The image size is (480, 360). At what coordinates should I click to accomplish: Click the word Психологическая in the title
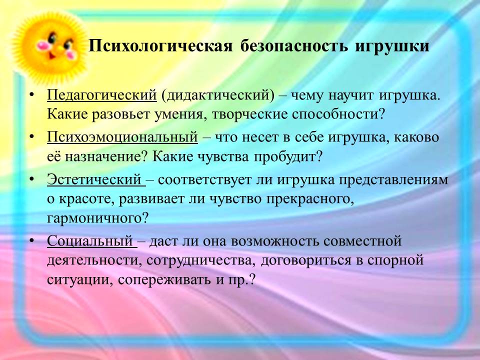[160, 46]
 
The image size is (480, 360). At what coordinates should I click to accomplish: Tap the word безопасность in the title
[294, 46]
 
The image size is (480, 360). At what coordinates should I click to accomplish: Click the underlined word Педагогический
[101, 95]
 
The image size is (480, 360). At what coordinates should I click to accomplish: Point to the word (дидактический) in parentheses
[218, 95]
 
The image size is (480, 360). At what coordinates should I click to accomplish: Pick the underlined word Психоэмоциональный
[122, 137]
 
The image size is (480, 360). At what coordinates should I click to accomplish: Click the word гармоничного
[97, 218]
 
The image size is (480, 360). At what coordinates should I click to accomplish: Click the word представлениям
[393, 180]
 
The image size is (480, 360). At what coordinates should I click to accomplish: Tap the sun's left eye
[53, 37]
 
